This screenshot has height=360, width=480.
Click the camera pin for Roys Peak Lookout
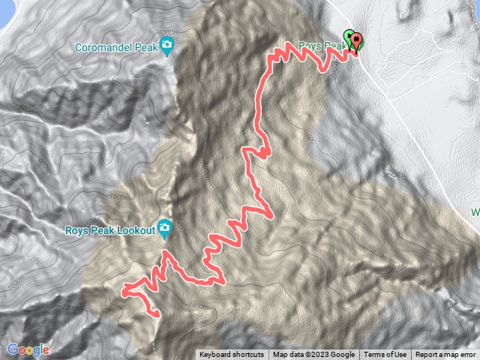point(165,229)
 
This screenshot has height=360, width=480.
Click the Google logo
point(28,349)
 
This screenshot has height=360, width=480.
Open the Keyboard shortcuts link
point(232,355)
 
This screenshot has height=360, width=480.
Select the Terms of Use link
point(385,355)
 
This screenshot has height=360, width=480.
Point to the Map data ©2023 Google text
point(313,355)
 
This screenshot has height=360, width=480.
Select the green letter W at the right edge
point(475,212)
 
